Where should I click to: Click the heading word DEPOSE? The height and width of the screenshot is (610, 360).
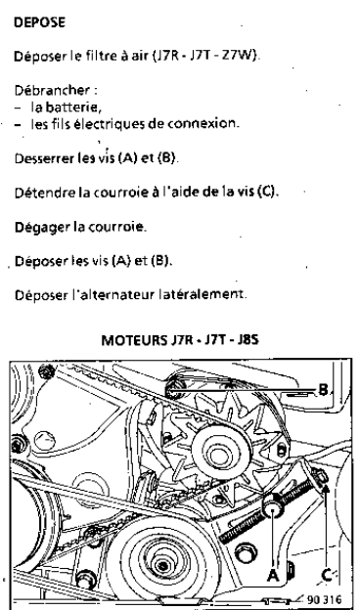click(x=39, y=22)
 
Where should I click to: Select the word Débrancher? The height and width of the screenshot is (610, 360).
click(x=52, y=91)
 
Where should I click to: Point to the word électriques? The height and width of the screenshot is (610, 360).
click(x=110, y=124)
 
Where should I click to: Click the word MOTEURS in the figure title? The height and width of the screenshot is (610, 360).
click(x=133, y=340)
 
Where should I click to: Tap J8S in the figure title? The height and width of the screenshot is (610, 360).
click(x=247, y=340)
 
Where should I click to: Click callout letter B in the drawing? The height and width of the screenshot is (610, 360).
click(x=323, y=389)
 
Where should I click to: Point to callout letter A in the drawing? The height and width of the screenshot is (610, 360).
click(x=273, y=575)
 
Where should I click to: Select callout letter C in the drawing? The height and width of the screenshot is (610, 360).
click(x=326, y=575)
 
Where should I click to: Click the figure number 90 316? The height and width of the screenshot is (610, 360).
click(x=324, y=599)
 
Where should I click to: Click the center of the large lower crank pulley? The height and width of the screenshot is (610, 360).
click(x=162, y=564)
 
